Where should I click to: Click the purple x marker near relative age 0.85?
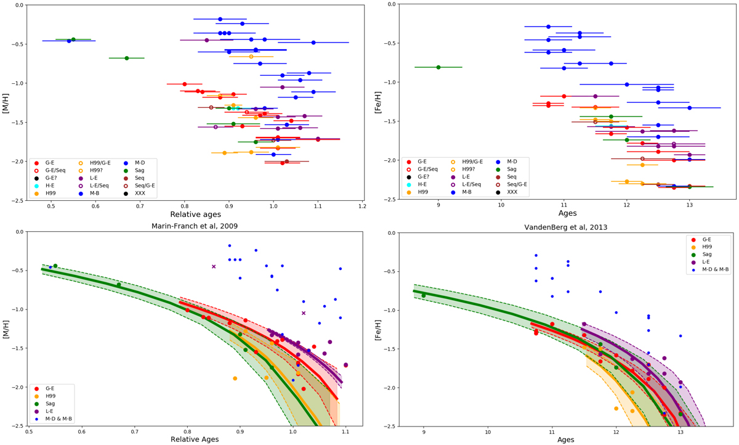[x=214, y=266]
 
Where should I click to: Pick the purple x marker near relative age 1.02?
[x=304, y=313]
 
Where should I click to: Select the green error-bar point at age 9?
[x=438, y=67]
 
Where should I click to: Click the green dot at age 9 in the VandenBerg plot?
[x=424, y=296]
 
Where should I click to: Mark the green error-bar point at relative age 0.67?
[x=127, y=58]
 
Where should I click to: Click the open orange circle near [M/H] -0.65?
[x=251, y=57]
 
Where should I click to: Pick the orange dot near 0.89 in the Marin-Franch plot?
[x=235, y=378]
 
